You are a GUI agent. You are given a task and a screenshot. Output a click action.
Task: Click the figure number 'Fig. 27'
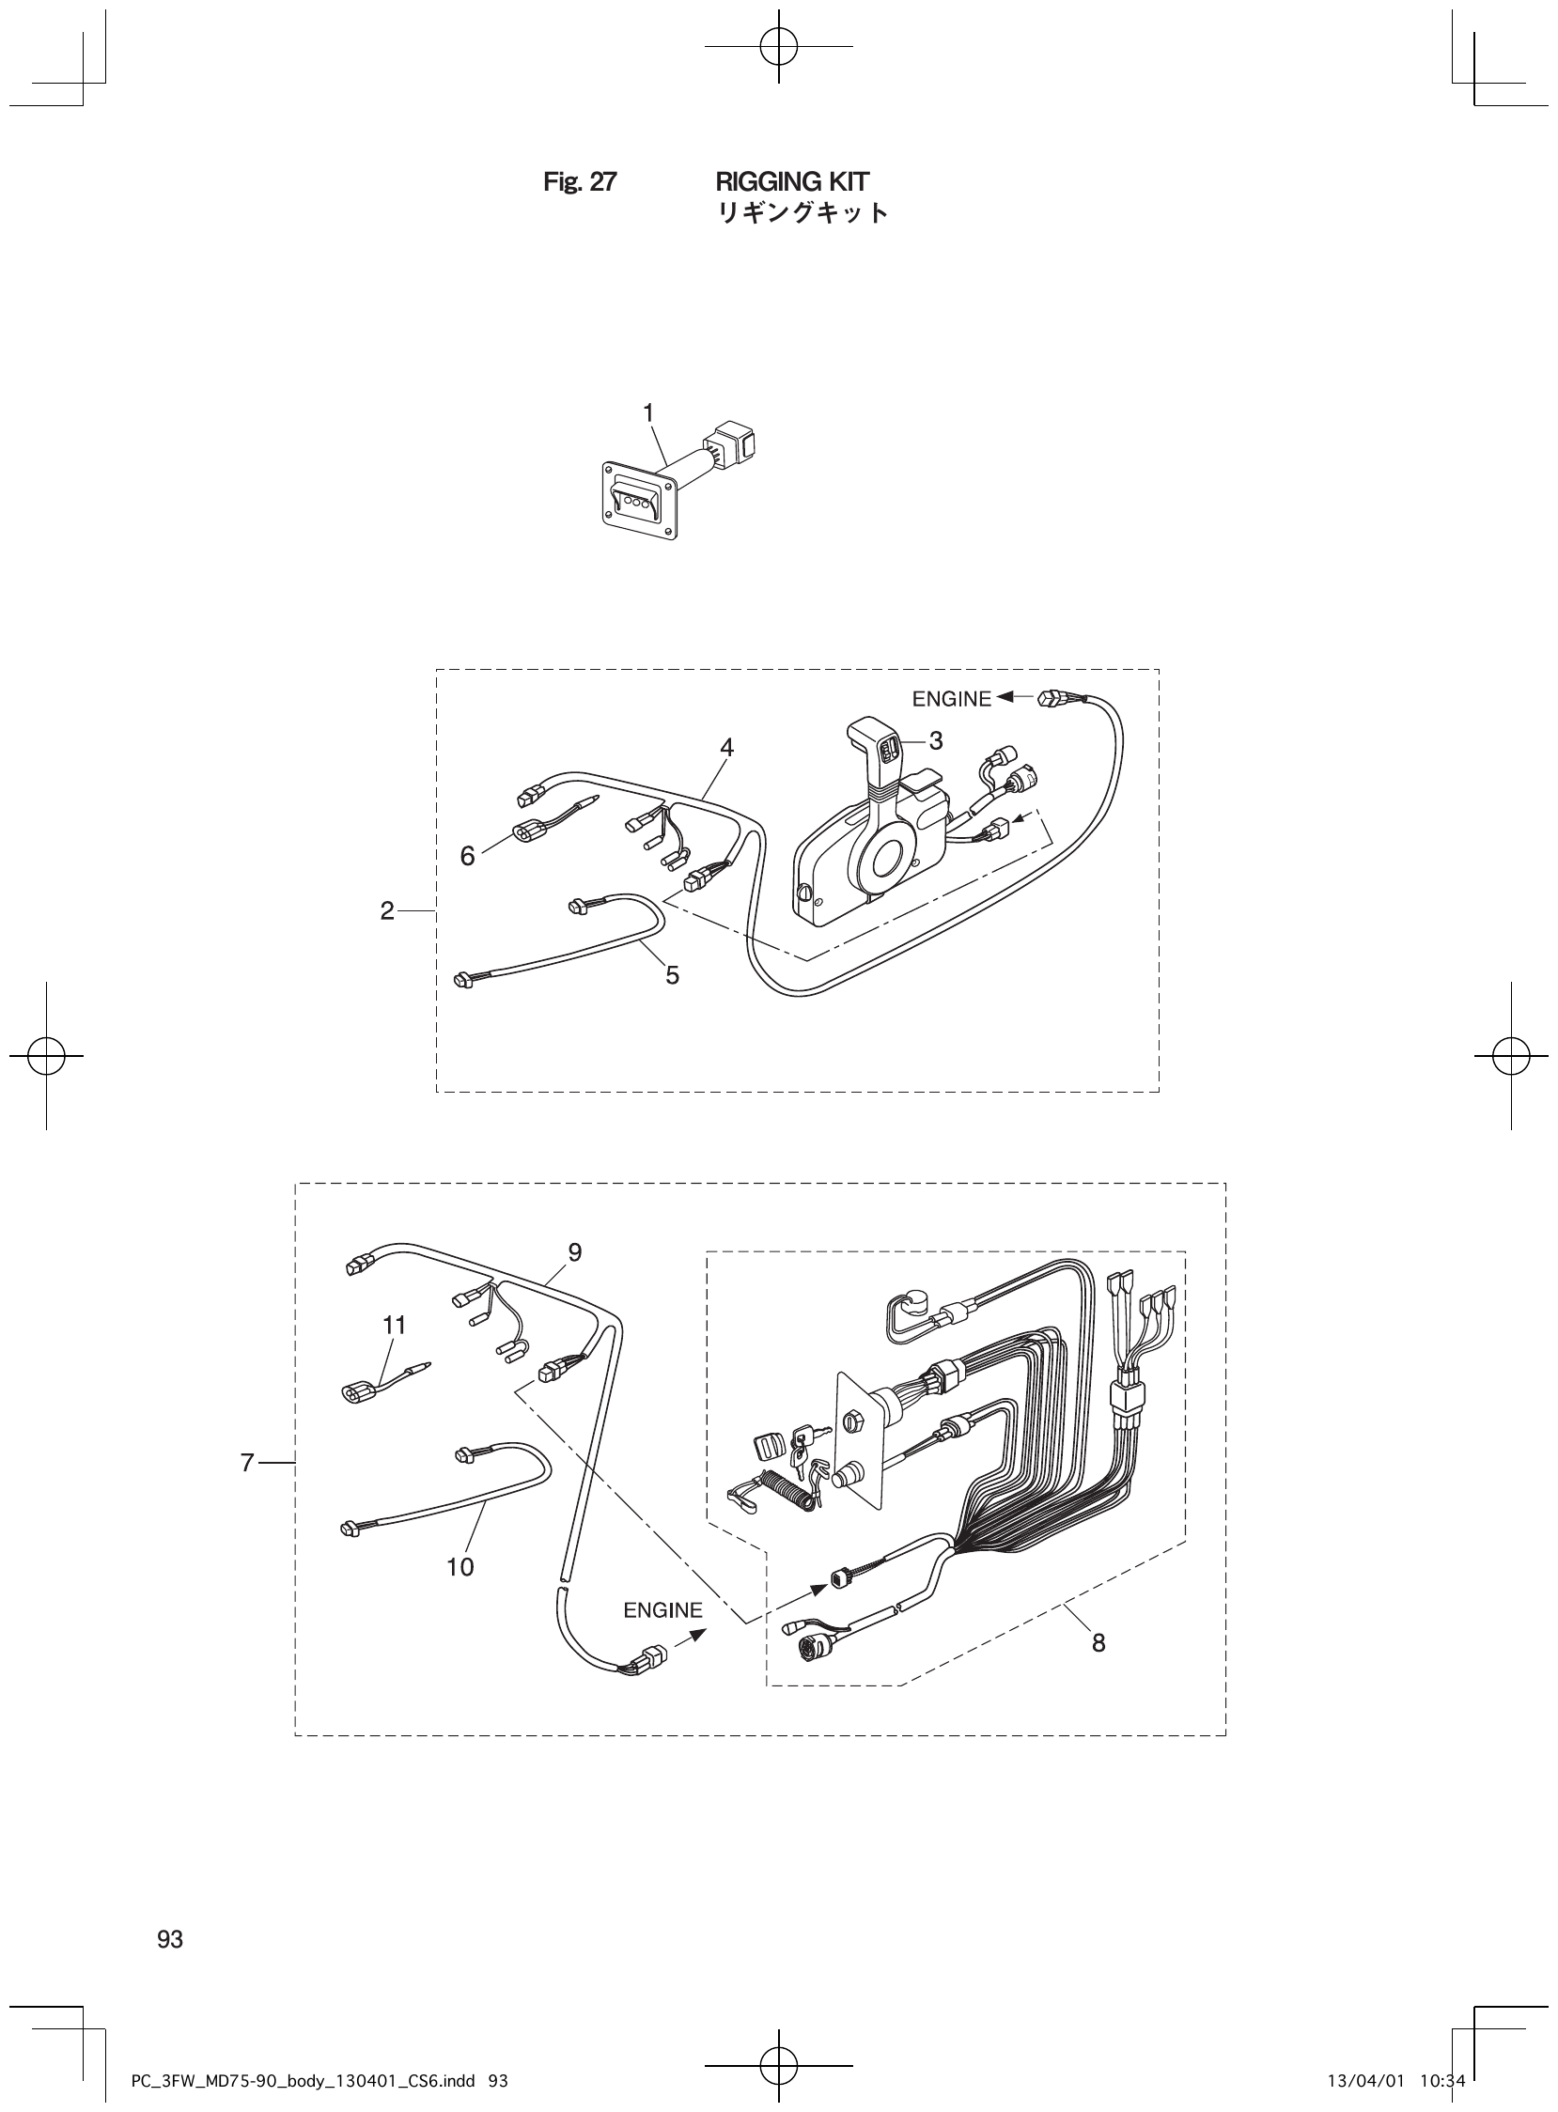[579, 182]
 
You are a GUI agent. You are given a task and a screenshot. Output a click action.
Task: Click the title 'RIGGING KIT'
[792, 181]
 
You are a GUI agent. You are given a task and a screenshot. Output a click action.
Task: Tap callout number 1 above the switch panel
[647, 412]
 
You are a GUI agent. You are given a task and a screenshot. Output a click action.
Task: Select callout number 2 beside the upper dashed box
[386, 910]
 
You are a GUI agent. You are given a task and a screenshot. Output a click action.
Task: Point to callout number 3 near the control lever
[935, 741]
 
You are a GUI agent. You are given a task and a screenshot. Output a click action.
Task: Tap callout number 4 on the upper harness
[726, 747]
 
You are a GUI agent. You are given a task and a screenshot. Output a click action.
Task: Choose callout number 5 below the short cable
[672, 975]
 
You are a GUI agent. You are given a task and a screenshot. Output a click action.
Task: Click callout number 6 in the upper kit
[468, 856]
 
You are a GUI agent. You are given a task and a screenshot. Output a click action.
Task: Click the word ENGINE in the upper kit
[951, 699]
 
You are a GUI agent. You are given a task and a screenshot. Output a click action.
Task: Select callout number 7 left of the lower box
[247, 1463]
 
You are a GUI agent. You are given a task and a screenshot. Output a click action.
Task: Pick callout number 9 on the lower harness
[574, 1252]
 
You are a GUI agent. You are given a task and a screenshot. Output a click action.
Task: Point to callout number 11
[395, 1325]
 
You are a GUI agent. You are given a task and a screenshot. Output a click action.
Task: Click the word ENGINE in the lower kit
[662, 1609]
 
